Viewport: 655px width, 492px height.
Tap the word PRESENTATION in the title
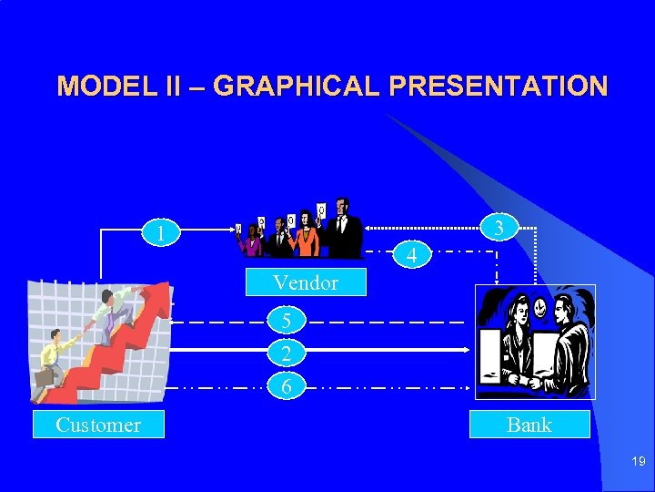(499, 87)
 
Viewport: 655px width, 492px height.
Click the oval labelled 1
(161, 234)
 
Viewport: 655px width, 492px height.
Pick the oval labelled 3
(499, 227)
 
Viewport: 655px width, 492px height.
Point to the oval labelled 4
(412, 255)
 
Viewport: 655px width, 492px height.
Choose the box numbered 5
(287, 321)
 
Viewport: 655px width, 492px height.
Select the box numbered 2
(287, 354)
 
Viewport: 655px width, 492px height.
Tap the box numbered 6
(287, 386)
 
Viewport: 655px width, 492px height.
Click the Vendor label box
(306, 282)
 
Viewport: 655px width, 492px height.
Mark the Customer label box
(98, 425)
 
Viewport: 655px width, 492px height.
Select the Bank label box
(529, 425)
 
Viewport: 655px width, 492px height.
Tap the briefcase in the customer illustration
(44, 376)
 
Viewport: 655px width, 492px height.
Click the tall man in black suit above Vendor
(344, 228)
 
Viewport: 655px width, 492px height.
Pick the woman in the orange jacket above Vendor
(307, 237)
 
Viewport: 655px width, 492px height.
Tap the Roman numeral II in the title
(173, 87)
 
